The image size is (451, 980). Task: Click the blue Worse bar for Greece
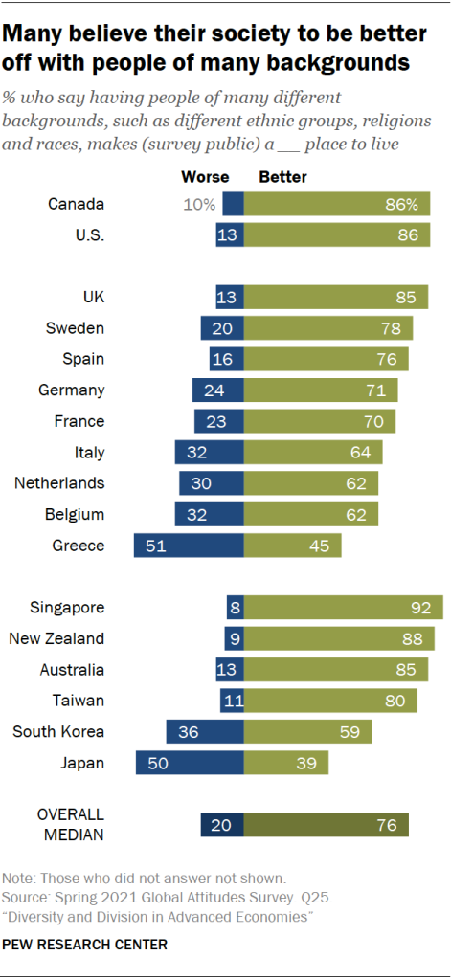tap(189, 546)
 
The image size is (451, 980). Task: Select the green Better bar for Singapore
tap(344, 607)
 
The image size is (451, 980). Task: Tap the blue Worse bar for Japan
tap(190, 763)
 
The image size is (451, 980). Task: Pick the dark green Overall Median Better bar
tap(326, 825)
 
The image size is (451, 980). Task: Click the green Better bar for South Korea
tap(307, 732)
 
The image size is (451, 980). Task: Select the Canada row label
tap(75, 204)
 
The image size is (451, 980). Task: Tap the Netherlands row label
tap(59, 483)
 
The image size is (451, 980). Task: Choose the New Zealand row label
tap(56, 638)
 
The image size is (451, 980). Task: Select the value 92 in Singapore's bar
tap(417, 607)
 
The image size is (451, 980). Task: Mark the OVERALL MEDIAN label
tap(70, 825)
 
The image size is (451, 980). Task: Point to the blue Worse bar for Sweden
tap(222, 328)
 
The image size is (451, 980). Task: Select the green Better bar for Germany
tap(321, 390)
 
